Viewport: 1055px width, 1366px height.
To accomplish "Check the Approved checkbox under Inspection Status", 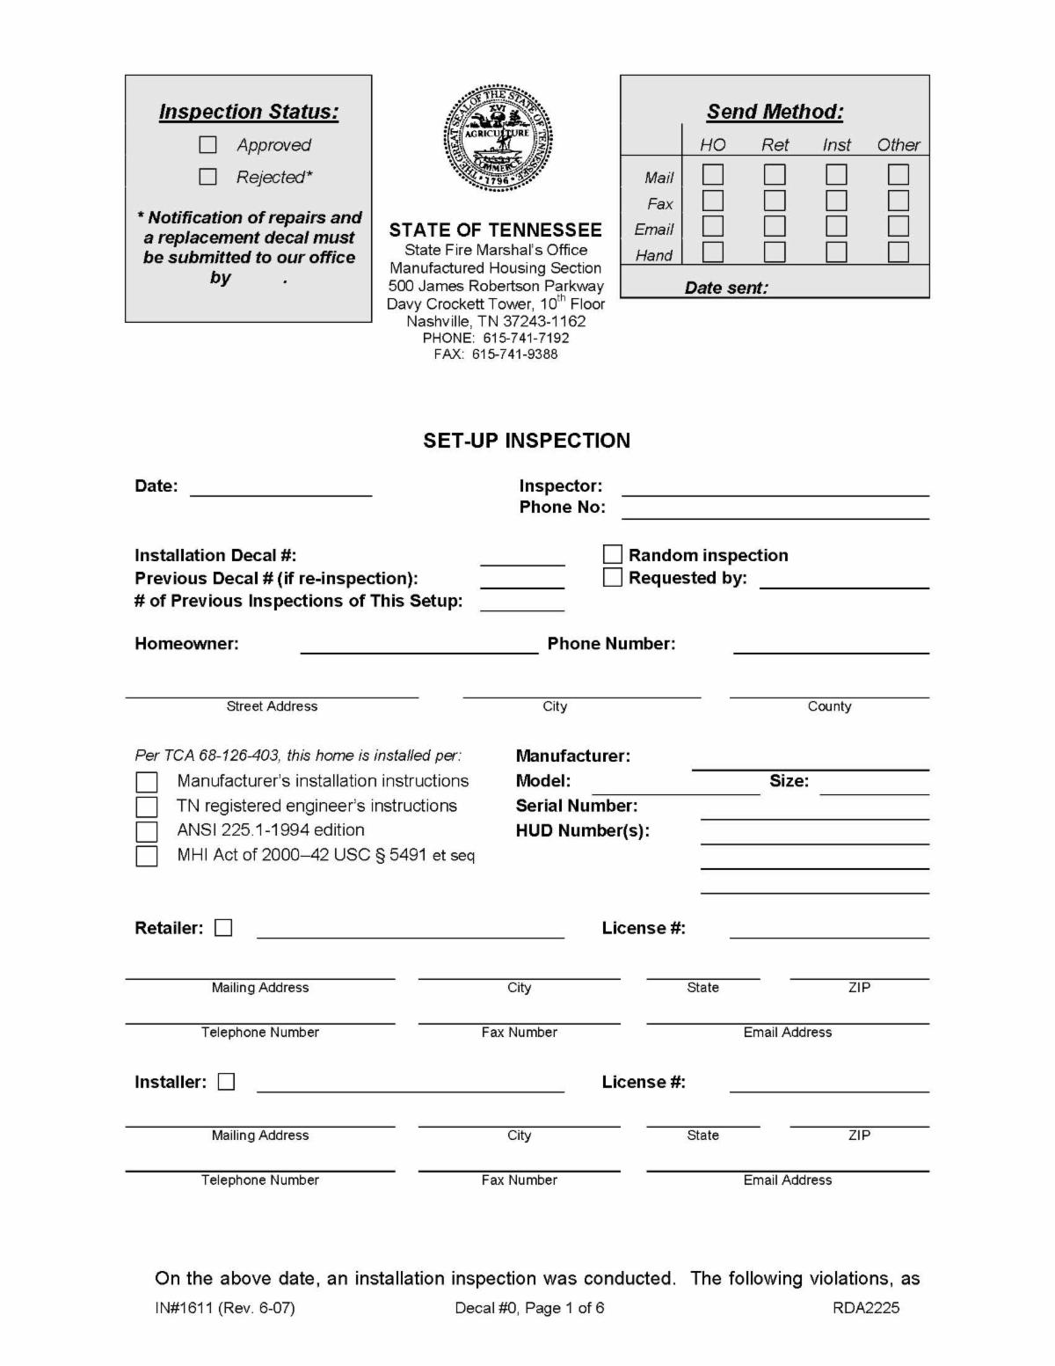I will (208, 144).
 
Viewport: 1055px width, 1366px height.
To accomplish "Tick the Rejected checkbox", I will (208, 177).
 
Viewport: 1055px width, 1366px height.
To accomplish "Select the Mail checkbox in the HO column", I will (713, 175).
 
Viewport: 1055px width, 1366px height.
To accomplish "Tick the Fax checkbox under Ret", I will (775, 201).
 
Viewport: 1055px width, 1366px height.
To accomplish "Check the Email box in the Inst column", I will (836, 227).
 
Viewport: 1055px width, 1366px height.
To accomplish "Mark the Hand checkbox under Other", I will (898, 252).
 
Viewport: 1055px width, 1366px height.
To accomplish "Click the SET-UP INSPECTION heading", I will (527, 441).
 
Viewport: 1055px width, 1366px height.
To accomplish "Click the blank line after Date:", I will (281, 489).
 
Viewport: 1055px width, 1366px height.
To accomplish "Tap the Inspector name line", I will (775, 489).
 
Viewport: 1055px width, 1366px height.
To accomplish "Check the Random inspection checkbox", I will (613, 554).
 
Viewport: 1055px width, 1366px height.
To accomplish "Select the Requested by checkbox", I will (613, 577).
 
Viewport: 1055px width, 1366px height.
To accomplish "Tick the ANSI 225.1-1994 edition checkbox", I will (147, 831).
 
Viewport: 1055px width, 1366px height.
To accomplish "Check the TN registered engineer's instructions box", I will (147, 807).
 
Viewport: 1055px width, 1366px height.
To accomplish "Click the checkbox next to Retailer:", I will (223, 928).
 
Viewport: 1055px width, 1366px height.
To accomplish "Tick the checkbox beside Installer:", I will (227, 1082).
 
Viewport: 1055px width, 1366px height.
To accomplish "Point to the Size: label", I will (789, 781).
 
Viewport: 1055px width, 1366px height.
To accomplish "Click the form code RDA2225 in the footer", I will (866, 1308).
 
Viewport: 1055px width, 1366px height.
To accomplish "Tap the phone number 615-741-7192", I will (526, 338).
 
